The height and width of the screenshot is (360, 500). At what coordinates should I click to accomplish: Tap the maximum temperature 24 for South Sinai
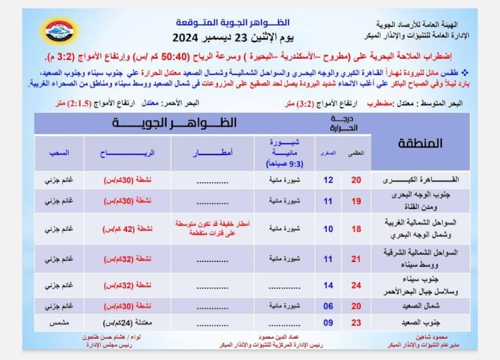pyautogui.click(x=357, y=285)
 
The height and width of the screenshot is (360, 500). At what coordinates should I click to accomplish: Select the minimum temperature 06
pyautogui.click(x=328, y=307)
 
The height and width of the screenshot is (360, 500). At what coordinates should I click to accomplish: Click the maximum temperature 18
pyautogui.click(x=357, y=228)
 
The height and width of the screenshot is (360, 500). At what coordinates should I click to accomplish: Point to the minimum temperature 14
pyautogui.click(x=328, y=285)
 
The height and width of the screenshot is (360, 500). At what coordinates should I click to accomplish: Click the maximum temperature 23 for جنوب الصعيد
pyautogui.click(x=357, y=322)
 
